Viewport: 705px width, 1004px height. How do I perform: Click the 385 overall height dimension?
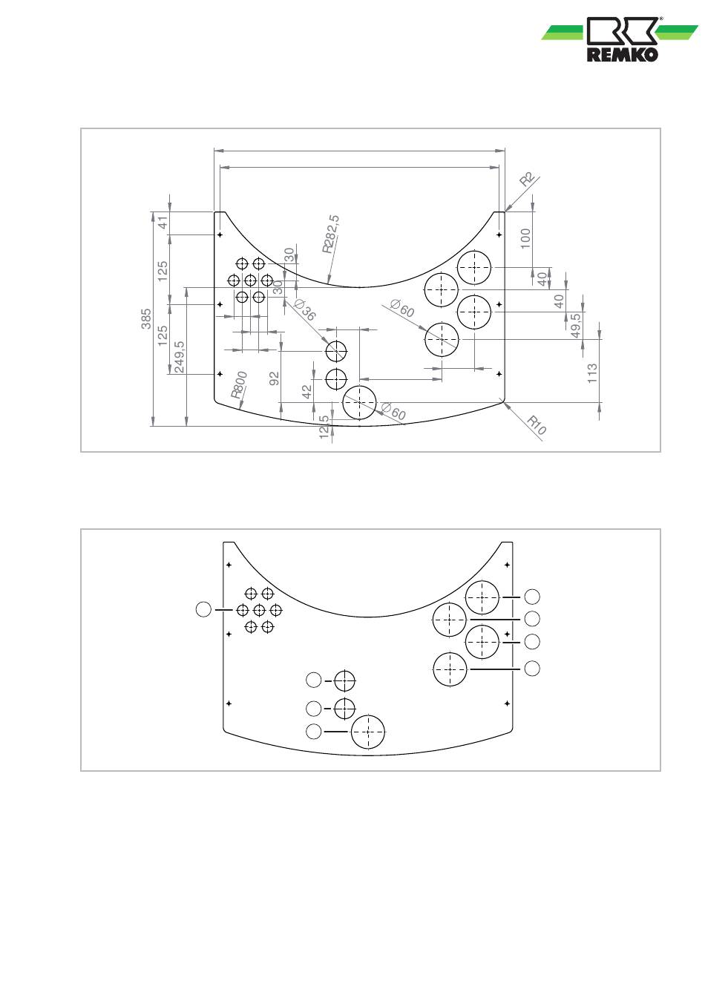(x=147, y=319)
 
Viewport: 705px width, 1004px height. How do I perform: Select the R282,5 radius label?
(x=330, y=234)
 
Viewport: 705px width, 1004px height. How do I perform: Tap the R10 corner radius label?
(x=537, y=425)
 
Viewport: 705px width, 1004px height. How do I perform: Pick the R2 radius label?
(x=528, y=180)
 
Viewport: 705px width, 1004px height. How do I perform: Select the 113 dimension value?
(x=592, y=373)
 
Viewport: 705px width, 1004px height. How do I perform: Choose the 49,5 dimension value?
(x=576, y=326)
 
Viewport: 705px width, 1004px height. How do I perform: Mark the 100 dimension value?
(x=525, y=238)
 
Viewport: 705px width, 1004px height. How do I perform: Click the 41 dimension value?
(x=163, y=221)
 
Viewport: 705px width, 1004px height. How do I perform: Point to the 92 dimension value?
(x=275, y=378)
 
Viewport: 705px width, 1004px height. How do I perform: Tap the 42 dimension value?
(x=307, y=391)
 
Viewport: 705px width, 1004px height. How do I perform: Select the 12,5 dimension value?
(x=324, y=427)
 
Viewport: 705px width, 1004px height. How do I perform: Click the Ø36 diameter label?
(x=305, y=310)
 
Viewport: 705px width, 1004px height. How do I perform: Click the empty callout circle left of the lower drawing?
(x=203, y=609)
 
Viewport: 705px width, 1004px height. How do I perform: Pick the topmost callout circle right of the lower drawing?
(x=532, y=596)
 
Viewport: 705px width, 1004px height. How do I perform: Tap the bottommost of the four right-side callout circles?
(x=532, y=669)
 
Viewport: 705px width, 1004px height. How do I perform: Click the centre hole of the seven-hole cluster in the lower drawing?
(x=259, y=610)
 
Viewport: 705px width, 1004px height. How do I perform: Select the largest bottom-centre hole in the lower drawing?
(x=368, y=732)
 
